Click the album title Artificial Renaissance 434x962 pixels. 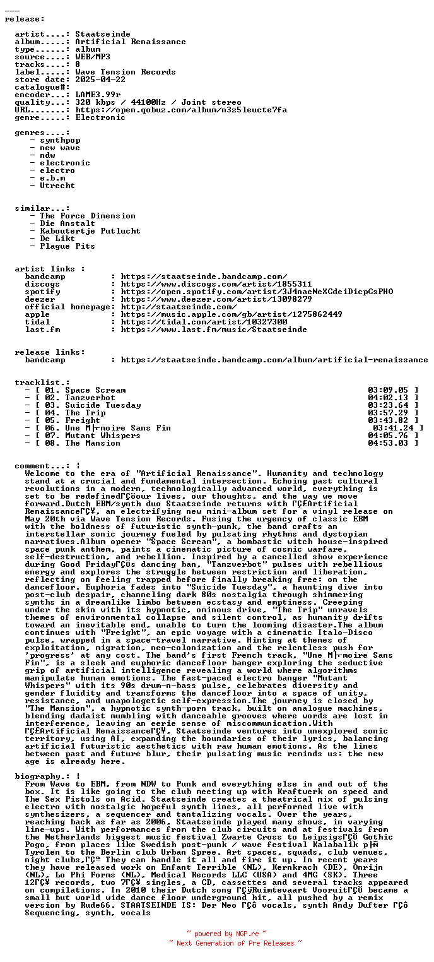coord(131,42)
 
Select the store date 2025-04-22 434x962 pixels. coord(100,80)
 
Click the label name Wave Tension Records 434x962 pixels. coord(126,72)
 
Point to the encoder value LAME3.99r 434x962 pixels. coord(98,95)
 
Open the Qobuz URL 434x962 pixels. coord(181,110)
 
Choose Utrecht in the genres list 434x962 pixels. coord(57,186)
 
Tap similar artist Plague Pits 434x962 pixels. coord(67,246)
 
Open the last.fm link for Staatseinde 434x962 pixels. coord(214,330)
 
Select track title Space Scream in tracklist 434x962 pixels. coord(95,390)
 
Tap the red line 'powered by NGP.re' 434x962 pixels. coord(226,934)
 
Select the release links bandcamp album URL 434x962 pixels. coord(274,360)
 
